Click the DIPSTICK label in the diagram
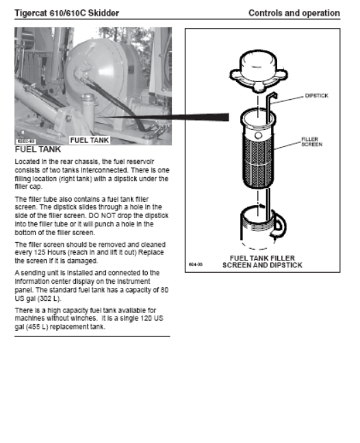coord(317,96)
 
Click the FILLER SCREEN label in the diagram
coord(311,142)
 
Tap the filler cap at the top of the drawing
coord(259,71)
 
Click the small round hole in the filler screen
coord(258,135)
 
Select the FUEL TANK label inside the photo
coord(90,140)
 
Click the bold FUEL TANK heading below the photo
coord(38,150)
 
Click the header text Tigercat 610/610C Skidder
coord(67,13)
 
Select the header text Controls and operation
coord(294,13)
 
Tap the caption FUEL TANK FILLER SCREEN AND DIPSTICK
coord(262,262)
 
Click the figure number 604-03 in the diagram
coord(196,265)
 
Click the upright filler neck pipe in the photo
coord(88,111)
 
